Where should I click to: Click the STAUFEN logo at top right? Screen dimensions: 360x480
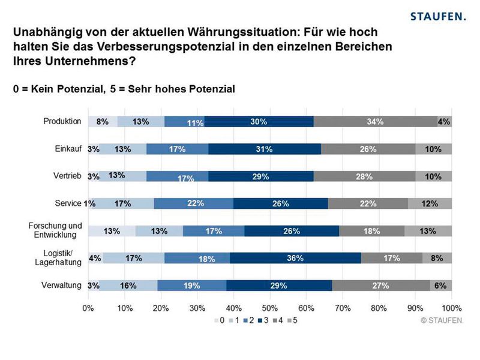coord(437,16)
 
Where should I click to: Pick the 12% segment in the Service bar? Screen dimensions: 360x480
coord(430,203)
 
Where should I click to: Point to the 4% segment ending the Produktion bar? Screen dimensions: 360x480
coord(445,121)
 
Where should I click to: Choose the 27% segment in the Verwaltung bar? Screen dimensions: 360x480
coord(381,286)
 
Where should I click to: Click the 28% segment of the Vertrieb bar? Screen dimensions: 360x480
coord(364,176)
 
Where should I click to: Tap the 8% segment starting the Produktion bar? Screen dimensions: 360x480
coord(103,121)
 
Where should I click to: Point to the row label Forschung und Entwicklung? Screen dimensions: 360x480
coord(55,230)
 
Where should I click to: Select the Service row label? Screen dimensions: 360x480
coord(68,203)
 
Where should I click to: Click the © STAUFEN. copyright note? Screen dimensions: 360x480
coord(442,320)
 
